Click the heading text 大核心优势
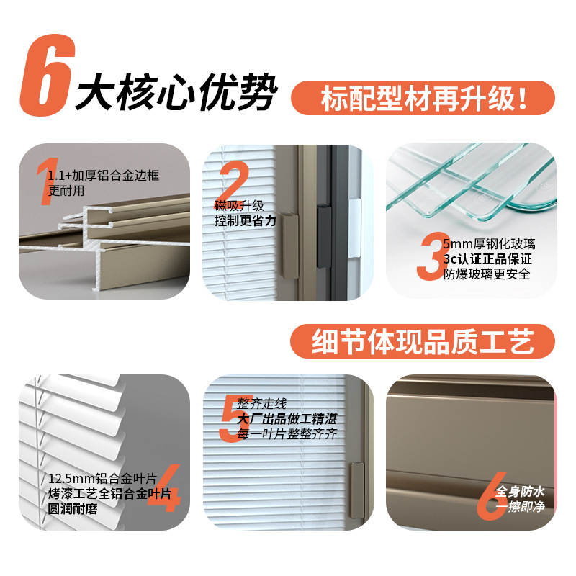coord(176,93)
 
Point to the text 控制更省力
coord(245,221)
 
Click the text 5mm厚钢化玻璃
coord(489,244)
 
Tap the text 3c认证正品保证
coord(487,259)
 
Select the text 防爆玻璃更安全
coord(487,274)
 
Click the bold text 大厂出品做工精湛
coord(287,419)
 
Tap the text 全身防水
coord(520,492)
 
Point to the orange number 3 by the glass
coord(432,258)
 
